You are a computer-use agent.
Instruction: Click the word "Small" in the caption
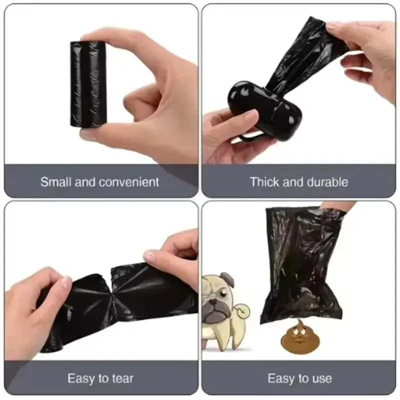click(x=55, y=181)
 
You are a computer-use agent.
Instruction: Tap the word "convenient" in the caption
click(x=129, y=181)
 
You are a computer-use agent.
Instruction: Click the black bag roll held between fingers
click(x=88, y=84)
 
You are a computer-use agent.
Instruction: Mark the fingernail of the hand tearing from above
click(x=149, y=256)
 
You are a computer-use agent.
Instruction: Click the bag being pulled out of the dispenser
click(x=300, y=55)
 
